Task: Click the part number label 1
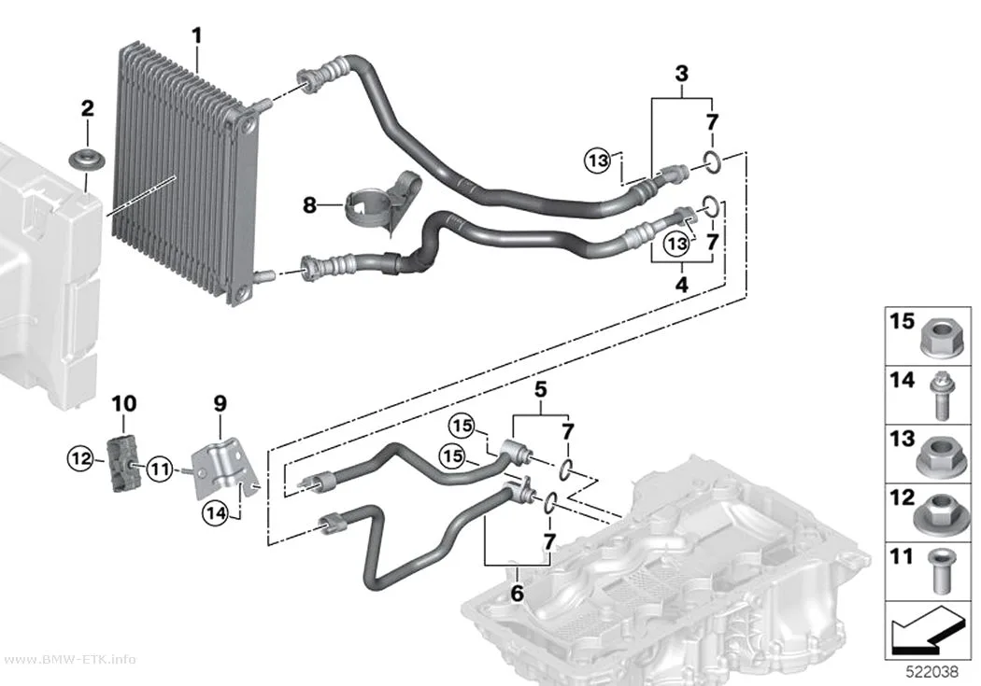tap(197, 36)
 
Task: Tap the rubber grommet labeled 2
tap(87, 158)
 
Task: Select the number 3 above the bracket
tap(681, 74)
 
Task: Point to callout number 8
tap(309, 204)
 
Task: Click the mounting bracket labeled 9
tap(224, 467)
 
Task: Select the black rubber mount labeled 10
tap(123, 463)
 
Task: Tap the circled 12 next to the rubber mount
tap(80, 459)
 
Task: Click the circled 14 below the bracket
tap(216, 513)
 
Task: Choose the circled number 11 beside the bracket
tap(160, 468)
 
